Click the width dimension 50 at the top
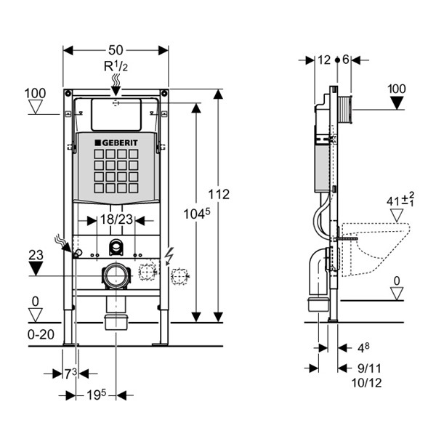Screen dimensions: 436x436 pos(116,50)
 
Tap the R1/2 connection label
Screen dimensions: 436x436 pos(116,67)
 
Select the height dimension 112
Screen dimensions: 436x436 pos(218,194)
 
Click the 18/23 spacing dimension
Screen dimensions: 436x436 pos(116,219)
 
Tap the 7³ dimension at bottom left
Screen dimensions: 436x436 pos(69,374)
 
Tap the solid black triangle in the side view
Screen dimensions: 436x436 pos(397,102)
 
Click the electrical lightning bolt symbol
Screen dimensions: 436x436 pos(169,256)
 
